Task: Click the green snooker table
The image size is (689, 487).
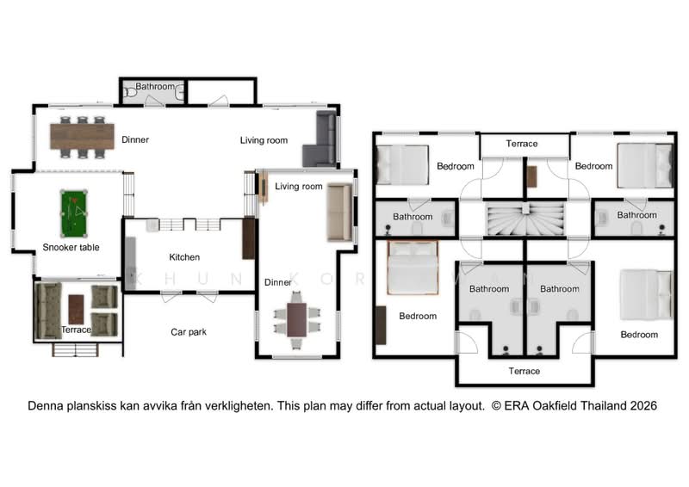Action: pyautogui.click(x=74, y=213)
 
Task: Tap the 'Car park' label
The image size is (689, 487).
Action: pyautogui.click(x=189, y=332)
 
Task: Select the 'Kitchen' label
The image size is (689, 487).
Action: pyautogui.click(x=184, y=257)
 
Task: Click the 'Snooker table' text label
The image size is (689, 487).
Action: pyautogui.click(x=71, y=247)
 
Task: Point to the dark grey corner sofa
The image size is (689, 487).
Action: pyautogui.click(x=321, y=139)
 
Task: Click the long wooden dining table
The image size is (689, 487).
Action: pyautogui.click(x=82, y=137)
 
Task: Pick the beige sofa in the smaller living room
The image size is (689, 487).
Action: pyautogui.click(x=339, y=213)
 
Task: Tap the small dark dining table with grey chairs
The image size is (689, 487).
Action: pyautogui.click(x=296, y=320)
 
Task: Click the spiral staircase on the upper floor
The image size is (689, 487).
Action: pyautogui.click(x=525, y=219)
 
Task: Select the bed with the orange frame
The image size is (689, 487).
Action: pyautogui.click(x=413, y=268)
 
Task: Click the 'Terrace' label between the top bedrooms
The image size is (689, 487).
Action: pyautogui.click(x=522, y=144)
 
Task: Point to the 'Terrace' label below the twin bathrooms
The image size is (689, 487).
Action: pyautogui.click(x=525, y=371)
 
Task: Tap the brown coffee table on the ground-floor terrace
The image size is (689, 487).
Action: pyautogui.click(x=76, y=309)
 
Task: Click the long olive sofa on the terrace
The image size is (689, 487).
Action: pyautogui.click(x=48, y=311)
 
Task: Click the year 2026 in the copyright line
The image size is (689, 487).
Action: pyautogui.click(x=643, y=406)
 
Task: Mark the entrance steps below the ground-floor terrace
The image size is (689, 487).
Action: pyautogui.click(x=76, y=349)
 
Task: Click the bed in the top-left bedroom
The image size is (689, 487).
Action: pyautogui.click(x=402, y=164)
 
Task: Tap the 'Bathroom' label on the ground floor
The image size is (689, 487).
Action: pyautogui.click(x=155, y=87)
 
